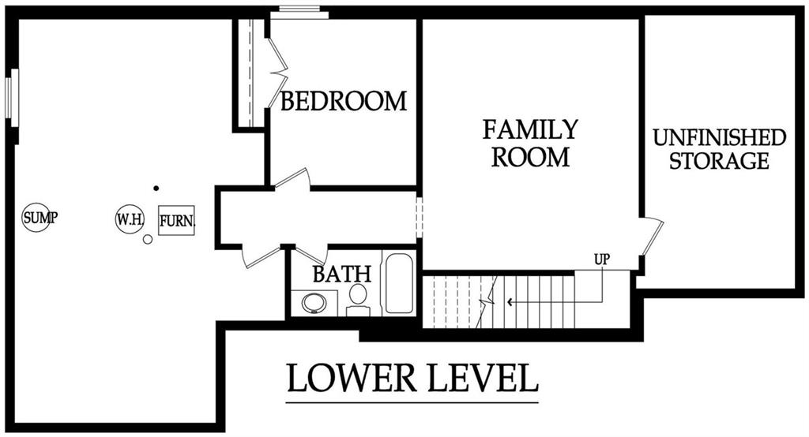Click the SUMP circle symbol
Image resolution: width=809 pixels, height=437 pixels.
37,217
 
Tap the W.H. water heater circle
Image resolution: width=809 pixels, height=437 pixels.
129,219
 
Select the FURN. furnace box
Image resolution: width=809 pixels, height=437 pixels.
176,220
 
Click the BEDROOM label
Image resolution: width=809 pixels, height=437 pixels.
344,101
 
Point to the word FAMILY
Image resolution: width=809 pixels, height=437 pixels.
530,129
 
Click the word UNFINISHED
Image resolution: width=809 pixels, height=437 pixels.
719,137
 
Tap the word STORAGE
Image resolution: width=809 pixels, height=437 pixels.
719,161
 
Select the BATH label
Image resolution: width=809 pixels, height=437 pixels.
341,274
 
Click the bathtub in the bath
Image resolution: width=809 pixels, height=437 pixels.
399,282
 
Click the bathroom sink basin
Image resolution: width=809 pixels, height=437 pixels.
314,303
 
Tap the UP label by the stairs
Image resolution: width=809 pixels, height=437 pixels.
603,260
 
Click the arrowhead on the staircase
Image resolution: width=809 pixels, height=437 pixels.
510,301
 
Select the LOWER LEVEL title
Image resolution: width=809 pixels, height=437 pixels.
412,379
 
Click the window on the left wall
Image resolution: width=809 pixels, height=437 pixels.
11,97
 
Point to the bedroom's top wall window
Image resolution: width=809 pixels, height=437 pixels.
299,13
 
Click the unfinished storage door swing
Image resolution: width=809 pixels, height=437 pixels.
653,237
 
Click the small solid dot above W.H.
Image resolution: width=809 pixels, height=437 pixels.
156,188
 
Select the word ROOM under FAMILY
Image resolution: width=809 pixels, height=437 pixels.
530,156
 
